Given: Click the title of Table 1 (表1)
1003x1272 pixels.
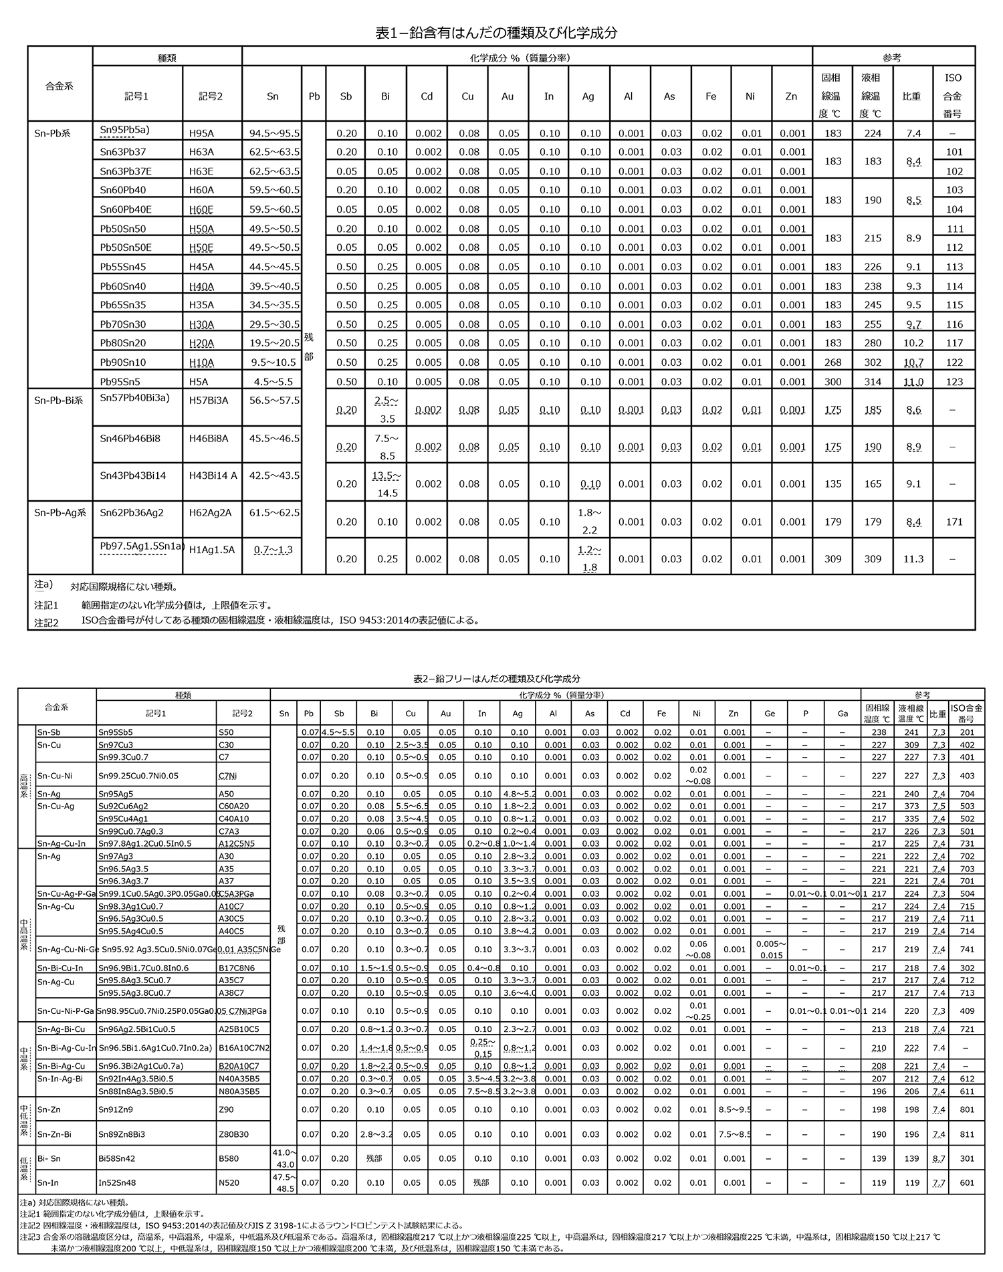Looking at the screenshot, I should pyautogui.click(x=496, y=32).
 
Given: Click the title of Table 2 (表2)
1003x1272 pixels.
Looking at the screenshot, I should pyautogui.click(x=497, y=678).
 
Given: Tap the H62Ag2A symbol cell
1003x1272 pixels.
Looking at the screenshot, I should pyautogui.click(x=210, y=513).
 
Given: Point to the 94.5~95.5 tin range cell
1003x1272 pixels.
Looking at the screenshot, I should pyautogui.click(x=274, y=133).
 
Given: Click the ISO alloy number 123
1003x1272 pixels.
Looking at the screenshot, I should pyautogui.click(x=954, y=382).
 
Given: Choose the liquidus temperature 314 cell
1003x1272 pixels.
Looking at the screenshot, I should pyautogui.click(x=873, y=382).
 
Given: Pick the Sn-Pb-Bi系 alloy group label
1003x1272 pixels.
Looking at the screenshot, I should pyautogui.click(x=59, y=400).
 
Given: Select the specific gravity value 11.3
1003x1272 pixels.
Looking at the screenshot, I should pyautogui.click(x=913, y=559).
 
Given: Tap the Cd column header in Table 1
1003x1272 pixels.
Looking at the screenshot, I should pyautogui.click(x=427, y=96).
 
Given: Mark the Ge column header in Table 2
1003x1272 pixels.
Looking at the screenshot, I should pyautogui.click(x=770, y=714).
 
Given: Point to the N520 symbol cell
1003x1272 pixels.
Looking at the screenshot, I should pyautogui.click(x=229, y=1182).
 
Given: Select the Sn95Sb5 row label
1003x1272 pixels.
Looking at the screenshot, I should pyautogui.click(x=115, y=732).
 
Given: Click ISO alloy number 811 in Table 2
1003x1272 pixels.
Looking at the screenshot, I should pyautogui.click(x=966, y=1134).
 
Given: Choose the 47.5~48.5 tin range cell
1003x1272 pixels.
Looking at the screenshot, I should pyautogui.click(x=284, y=1182).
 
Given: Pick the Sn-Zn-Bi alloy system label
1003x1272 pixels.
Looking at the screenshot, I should pyautogui.click(x=55, y=1134).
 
